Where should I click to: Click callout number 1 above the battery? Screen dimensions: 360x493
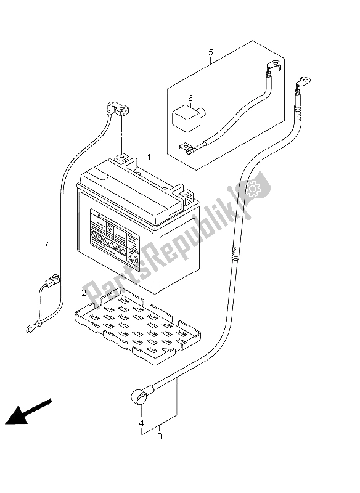click(x=149, y=157)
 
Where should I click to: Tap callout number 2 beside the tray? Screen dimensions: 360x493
click(x=84, y=293)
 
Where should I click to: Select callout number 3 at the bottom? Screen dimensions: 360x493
click(x=160, y=436)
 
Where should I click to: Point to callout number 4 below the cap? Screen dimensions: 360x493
click(x=142, y=423)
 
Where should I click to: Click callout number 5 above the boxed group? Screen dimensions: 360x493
click(x=211, y=52)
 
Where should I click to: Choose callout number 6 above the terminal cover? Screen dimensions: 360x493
click(x=190, y=99)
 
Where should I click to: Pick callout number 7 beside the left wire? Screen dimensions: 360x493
click(x=46, y=244)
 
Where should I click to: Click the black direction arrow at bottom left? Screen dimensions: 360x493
click(x=28, y=412)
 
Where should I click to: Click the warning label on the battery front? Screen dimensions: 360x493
click(x=115, y=239)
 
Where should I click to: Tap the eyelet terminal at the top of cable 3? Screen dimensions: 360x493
click(x=303, y=82)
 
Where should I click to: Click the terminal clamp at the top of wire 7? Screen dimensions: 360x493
click(x=118, y=109)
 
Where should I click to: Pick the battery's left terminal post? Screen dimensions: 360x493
click(x=121, y=159)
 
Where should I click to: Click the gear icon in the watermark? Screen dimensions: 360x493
click(x=252, y=187)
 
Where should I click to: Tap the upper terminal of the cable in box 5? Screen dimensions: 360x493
click(x=273, y=67)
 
